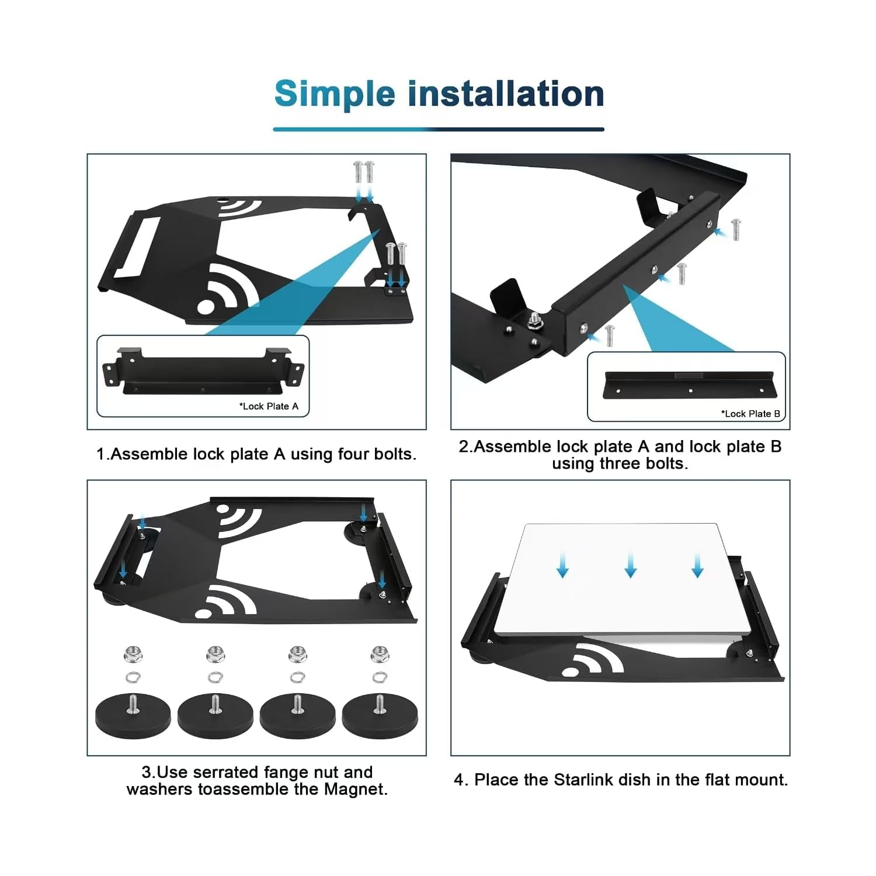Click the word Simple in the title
335,95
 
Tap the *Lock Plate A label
269,406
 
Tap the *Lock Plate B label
750,414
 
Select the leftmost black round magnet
133,717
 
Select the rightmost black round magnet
380,717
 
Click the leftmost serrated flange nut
133,654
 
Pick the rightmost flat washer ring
380,677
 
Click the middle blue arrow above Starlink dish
630,566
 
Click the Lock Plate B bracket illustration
687,385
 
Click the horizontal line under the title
438,129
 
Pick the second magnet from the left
215,717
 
